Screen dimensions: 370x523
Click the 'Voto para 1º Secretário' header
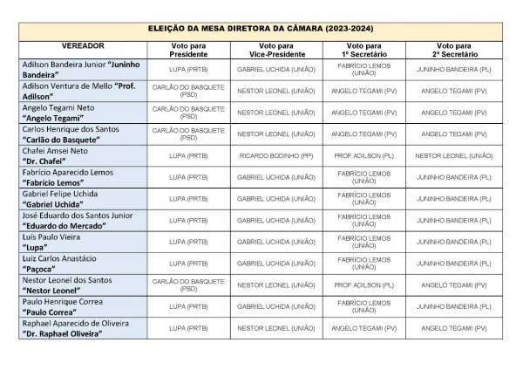pos(363,49)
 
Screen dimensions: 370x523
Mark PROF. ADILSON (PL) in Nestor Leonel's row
pos(363,285)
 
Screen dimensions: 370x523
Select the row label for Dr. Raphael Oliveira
pos(74,328)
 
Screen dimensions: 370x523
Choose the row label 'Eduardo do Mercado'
pos(75,220)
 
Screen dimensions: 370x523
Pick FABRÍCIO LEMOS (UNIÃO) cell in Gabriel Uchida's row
pos(363,199)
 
